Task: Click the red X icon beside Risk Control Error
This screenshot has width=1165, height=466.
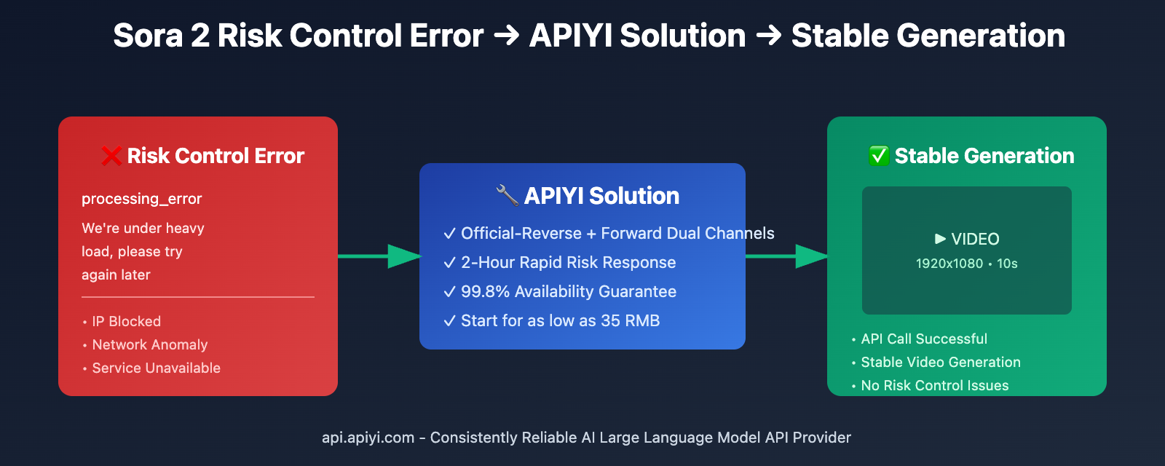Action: [111, 156]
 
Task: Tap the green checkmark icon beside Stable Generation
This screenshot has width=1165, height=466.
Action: [879, 156]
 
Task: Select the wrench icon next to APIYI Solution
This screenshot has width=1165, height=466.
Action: [508, 195]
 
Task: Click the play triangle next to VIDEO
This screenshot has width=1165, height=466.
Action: [940, 239]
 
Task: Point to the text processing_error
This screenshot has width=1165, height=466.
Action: [141, 199]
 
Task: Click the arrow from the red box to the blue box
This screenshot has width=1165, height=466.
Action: [379, 256]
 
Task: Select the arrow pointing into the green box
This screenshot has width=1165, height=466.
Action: [786, 256]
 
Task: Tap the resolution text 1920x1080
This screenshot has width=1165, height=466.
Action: [949, 264]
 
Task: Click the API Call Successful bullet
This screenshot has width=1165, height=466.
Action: [923, 339]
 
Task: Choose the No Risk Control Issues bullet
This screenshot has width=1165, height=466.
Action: [934, 385]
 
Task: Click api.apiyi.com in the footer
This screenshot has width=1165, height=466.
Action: [368, 438]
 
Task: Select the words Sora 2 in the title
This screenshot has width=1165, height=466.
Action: [161, 36]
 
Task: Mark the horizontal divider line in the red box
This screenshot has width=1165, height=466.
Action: [198, 297]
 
